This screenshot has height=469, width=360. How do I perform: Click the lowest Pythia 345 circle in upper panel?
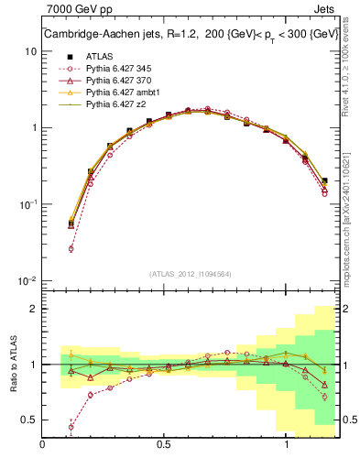[x=71, y=248]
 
